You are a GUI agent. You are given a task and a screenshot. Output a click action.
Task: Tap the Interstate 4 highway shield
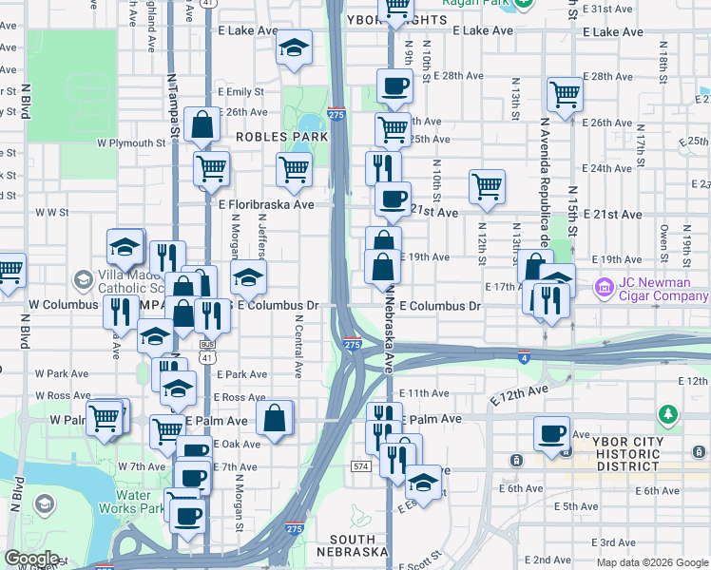click(x=524, y=356)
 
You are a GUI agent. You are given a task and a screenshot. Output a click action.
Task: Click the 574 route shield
click(x=360, y=466)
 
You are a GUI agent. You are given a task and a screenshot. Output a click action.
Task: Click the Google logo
click(x=30, y=558)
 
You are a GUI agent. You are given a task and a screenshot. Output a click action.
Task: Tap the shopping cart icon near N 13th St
click(x=565, y=93)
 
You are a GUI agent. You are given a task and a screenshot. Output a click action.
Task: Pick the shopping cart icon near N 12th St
click(x=487, y=186)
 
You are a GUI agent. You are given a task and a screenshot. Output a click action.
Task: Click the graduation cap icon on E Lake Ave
click(x=295, y=47)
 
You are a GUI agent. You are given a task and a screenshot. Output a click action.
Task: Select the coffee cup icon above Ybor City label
click(x=550, y=432)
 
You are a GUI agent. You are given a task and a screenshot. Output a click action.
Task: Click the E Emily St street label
click(x=240, y=92)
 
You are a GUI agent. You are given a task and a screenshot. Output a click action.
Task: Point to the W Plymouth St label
click(x=131, y=143)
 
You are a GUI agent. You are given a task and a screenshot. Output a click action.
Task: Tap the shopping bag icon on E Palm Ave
click(x=274, y=417)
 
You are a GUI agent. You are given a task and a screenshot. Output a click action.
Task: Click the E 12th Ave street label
click(x=519, y=390)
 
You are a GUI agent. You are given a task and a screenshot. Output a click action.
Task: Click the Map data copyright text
click(x=651, y=562)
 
